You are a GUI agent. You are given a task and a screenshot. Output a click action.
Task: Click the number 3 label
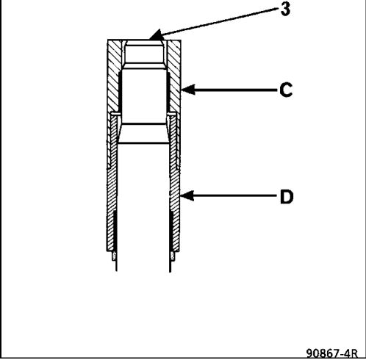(x=285, y=9)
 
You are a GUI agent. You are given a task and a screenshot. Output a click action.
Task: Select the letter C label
(x=286, y=90)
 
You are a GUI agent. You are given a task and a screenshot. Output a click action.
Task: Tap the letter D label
(x=287, y=197)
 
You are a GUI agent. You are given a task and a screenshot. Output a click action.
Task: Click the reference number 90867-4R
(x=332, y=353)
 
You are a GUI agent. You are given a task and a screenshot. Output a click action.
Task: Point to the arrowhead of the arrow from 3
(x=156, y=35)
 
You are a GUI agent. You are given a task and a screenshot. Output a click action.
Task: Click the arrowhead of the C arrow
(x=188, y=90)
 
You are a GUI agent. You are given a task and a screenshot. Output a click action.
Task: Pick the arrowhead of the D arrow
(x=187, y=195)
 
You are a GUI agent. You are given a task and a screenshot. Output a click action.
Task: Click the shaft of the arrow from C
(x=235, y=90)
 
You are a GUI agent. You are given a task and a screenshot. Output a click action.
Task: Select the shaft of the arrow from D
(x=234, y=195)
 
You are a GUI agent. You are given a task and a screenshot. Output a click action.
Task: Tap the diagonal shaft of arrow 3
(x=219, y=21)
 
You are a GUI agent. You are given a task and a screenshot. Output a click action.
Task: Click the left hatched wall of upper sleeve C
(x=114, y=76)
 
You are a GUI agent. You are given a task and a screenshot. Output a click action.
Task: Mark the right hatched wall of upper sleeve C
(x=174, y=76)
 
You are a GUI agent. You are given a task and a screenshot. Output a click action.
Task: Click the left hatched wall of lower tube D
(x=112, y=184)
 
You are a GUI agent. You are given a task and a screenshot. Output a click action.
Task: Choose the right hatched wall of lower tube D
(x=175, y=184)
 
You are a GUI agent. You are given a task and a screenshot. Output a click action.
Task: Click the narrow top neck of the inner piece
(x=144, y=52)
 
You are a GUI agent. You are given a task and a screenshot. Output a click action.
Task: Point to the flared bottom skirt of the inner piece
(x=143, y=133)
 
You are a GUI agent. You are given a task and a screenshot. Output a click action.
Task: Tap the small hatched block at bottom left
(x=114, y=256)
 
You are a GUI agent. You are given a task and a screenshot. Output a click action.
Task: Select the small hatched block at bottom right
(x=172, y=256)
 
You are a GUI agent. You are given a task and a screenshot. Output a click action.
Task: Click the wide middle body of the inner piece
(x=144, y=96)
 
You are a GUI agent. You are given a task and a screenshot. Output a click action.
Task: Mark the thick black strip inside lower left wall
(x=115, y=230)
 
